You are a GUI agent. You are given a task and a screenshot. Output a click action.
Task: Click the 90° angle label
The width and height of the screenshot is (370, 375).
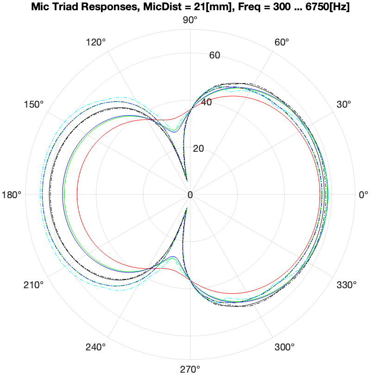[x=190, y=20]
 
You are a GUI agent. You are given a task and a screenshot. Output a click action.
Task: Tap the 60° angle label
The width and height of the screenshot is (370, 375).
[x=282, y=42]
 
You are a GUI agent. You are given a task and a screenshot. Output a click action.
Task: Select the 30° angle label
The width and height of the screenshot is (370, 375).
[x=345, y=104]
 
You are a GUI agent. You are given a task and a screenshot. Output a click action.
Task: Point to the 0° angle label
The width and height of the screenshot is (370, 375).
[x=364, y=194]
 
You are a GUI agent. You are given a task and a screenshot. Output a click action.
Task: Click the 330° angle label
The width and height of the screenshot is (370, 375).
[x=346, y=284]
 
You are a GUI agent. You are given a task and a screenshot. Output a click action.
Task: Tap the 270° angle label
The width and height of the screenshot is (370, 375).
[x=190, y=369]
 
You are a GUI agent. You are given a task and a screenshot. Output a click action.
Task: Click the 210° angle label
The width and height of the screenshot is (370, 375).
[x=34, y=284]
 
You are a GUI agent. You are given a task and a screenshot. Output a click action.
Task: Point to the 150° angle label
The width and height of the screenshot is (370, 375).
[x=34, y=104]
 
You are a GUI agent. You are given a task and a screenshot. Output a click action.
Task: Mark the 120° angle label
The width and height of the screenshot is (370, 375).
[x=96, y=42]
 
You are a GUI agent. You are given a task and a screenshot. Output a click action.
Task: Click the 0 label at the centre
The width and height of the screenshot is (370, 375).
[x=190, y=194]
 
